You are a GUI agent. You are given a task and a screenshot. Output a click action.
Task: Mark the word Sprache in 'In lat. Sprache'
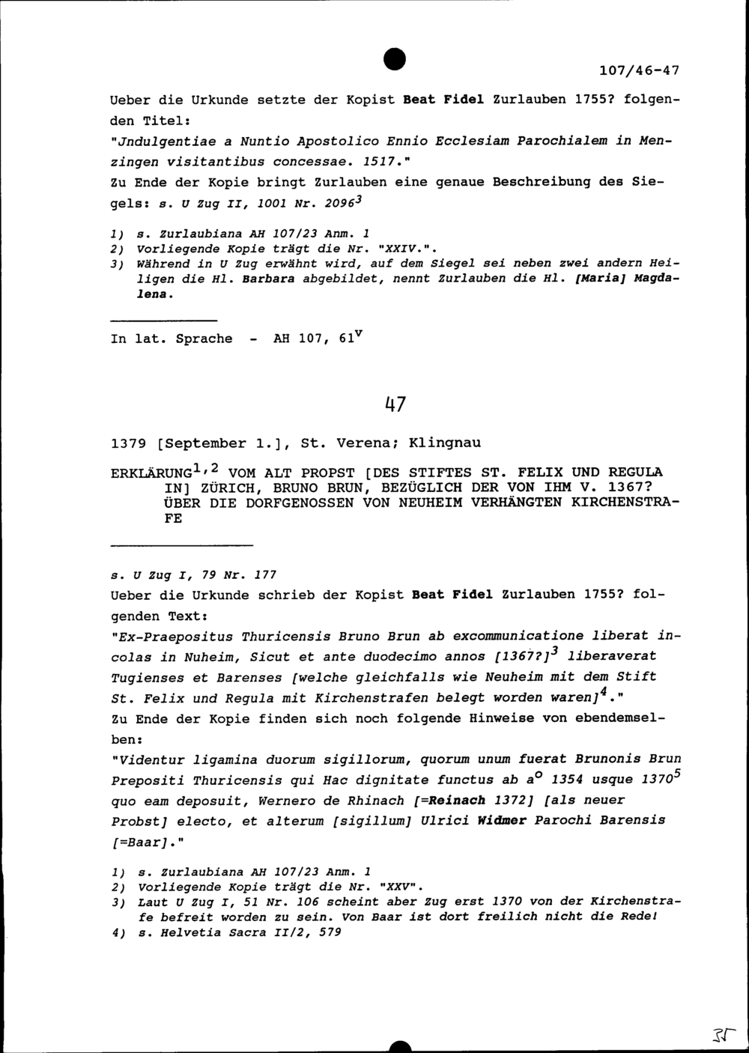click(203, 339)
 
